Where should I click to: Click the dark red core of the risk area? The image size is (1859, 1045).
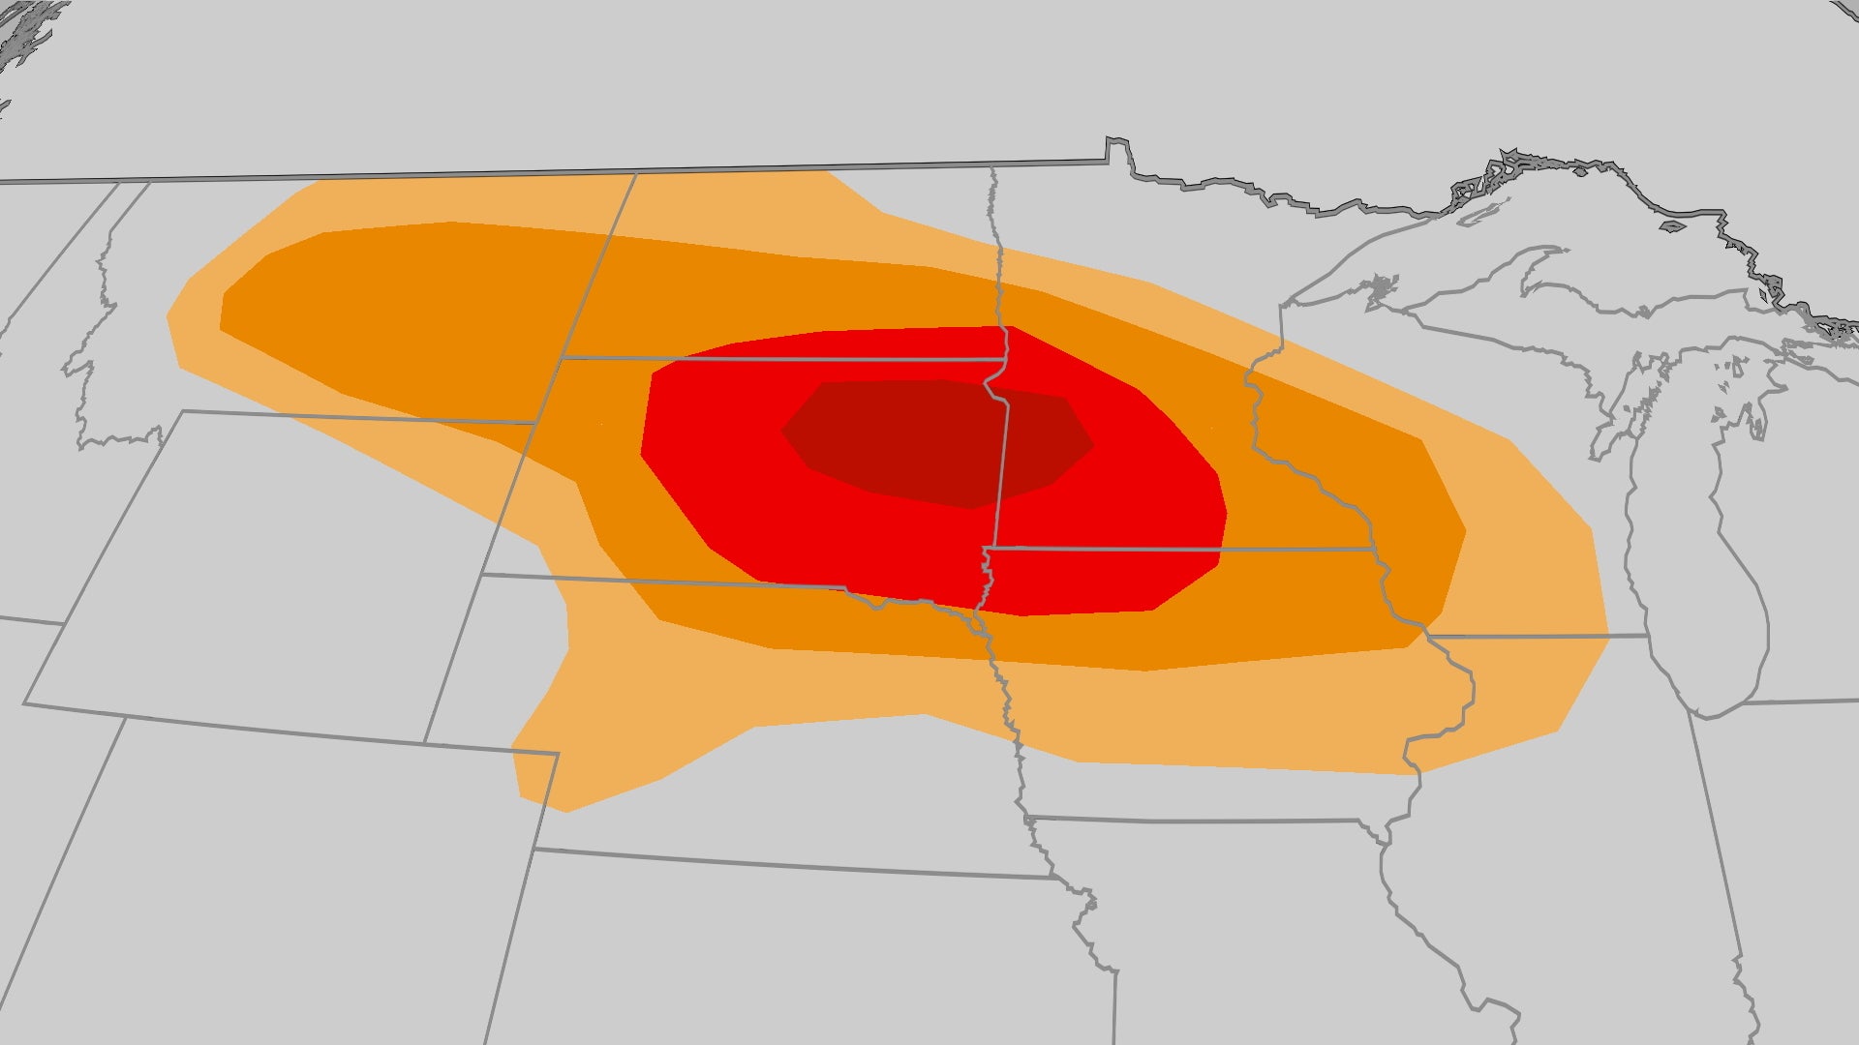point(929,440)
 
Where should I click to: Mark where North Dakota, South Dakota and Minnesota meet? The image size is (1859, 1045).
point(1004,359)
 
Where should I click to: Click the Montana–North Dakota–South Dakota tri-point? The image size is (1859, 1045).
point(564,358)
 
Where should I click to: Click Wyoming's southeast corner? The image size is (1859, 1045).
point(426,743)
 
